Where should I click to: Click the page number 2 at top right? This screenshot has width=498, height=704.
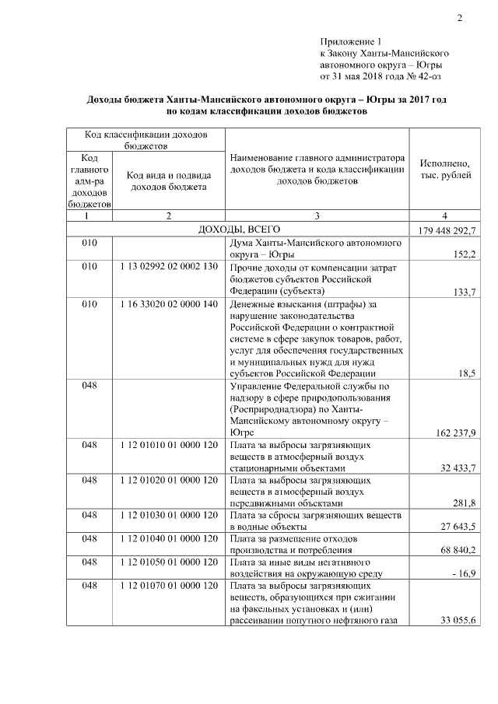[x=459, y=18]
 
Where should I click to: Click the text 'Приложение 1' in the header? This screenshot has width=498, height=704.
[x=351, y=40]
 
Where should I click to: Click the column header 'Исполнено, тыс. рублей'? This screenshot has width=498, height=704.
[x=444, y=170]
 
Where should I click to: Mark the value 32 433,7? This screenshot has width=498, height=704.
[x=457, y=468]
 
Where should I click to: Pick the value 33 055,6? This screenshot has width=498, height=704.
[x=457, y=621]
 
